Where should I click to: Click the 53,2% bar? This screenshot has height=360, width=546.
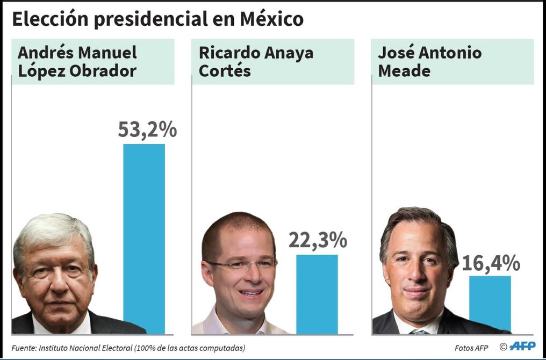point(144,239)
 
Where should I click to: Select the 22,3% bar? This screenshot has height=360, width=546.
point(317,294)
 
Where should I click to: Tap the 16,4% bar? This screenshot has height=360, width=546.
point(490,304)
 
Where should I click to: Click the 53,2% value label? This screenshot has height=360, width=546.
point(147,130)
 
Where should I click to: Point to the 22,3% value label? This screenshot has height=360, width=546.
point(318,240)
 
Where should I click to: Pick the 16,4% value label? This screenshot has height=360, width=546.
point(491,263)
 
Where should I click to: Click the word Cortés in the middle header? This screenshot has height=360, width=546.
point(225,70)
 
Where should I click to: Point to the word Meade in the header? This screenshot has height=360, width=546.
point(404,70)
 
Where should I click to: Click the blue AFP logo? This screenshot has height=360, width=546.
point(523,346)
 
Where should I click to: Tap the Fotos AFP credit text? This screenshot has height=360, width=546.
point(471,348)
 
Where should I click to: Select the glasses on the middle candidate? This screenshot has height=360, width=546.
point(241,264)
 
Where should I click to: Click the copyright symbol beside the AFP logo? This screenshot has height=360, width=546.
point(504,347)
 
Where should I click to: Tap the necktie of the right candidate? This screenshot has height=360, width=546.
point(420,332)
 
